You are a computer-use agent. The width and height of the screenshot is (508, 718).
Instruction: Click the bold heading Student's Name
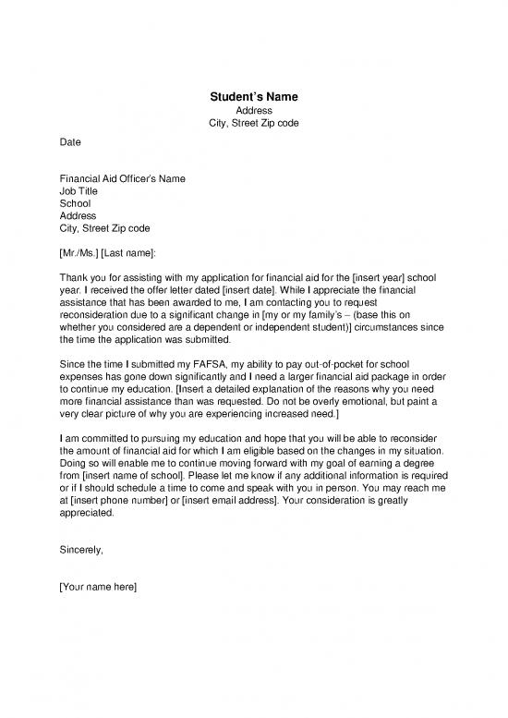coord(253,97)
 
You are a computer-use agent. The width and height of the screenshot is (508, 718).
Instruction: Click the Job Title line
coord(79,190)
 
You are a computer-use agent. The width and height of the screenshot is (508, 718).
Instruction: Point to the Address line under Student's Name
coord(253,111)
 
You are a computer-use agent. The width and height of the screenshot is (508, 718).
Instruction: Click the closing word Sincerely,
coord(81,550)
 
